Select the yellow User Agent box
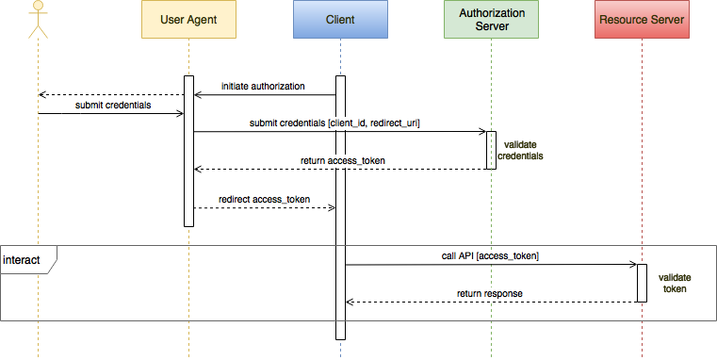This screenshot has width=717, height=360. coord(188,20)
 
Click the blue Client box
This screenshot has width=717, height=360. coord(339,20)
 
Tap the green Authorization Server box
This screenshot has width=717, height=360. coord(490,20)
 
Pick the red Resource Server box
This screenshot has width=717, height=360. coord(641,20)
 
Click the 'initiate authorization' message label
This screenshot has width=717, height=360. coord(263,86)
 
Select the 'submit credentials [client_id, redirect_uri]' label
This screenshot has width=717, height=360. coord(334,123)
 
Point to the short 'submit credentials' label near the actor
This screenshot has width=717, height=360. coord(113,105)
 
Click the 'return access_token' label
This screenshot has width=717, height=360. coord(342,161)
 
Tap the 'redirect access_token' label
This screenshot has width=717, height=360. coord(264,200)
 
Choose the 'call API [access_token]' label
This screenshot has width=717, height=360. coord(490,255)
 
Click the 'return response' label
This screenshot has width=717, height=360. coord(490,294)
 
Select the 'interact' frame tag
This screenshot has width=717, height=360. coord(26,259)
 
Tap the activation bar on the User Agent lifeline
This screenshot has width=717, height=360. coord(188,151)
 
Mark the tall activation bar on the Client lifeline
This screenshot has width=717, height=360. coord(340,207)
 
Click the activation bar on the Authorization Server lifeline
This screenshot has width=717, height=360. coord(490,151)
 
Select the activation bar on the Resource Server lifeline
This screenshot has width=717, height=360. coord(642,283)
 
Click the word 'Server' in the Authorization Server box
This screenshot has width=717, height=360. coord(490,26)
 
